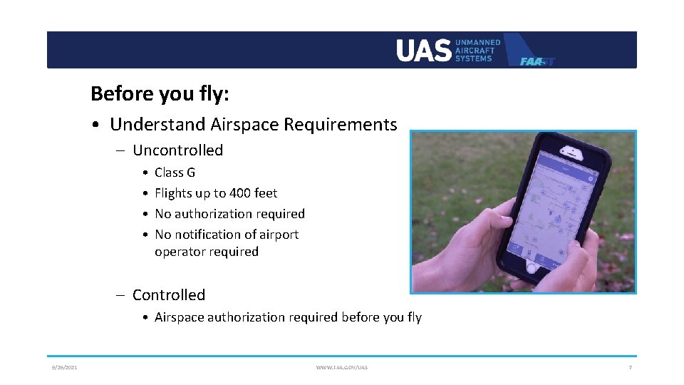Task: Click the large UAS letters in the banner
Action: [423, 51]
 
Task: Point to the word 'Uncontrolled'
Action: [177, 150]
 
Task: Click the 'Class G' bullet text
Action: [175, 173]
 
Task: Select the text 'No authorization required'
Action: [229, 214]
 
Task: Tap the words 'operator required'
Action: [207, 252]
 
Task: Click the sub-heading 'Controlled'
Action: [168, 295]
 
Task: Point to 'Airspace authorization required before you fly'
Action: [288, 317]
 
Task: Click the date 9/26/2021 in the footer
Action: [64, 367]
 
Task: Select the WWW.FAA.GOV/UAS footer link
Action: [342, 367]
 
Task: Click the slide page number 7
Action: [630, 367]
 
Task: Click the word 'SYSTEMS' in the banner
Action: [473, 58]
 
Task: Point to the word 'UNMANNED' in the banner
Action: [477, 43]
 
